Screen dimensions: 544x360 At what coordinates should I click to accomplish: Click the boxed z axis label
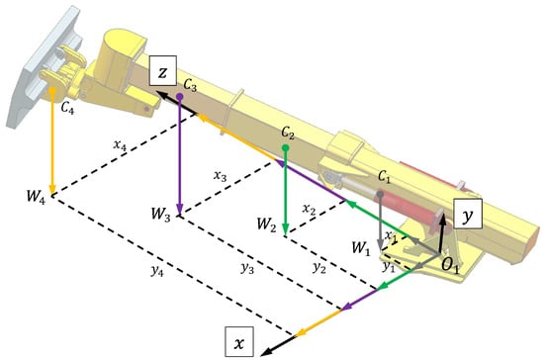point(163,70)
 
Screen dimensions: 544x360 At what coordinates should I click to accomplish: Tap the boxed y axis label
point(468,214)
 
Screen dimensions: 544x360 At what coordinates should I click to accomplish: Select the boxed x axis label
point(239,341)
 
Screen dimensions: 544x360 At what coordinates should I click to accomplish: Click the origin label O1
point(450,265)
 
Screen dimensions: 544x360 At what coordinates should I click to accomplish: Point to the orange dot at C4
point(52,91)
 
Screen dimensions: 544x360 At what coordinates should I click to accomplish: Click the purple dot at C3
point(180,97)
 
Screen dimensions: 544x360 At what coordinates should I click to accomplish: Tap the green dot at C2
point(286,148)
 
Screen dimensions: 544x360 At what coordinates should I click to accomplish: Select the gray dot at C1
point(381,194)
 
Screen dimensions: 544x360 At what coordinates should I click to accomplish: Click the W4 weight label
point(36,196)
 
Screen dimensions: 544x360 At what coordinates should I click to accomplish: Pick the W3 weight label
point(160,214)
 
